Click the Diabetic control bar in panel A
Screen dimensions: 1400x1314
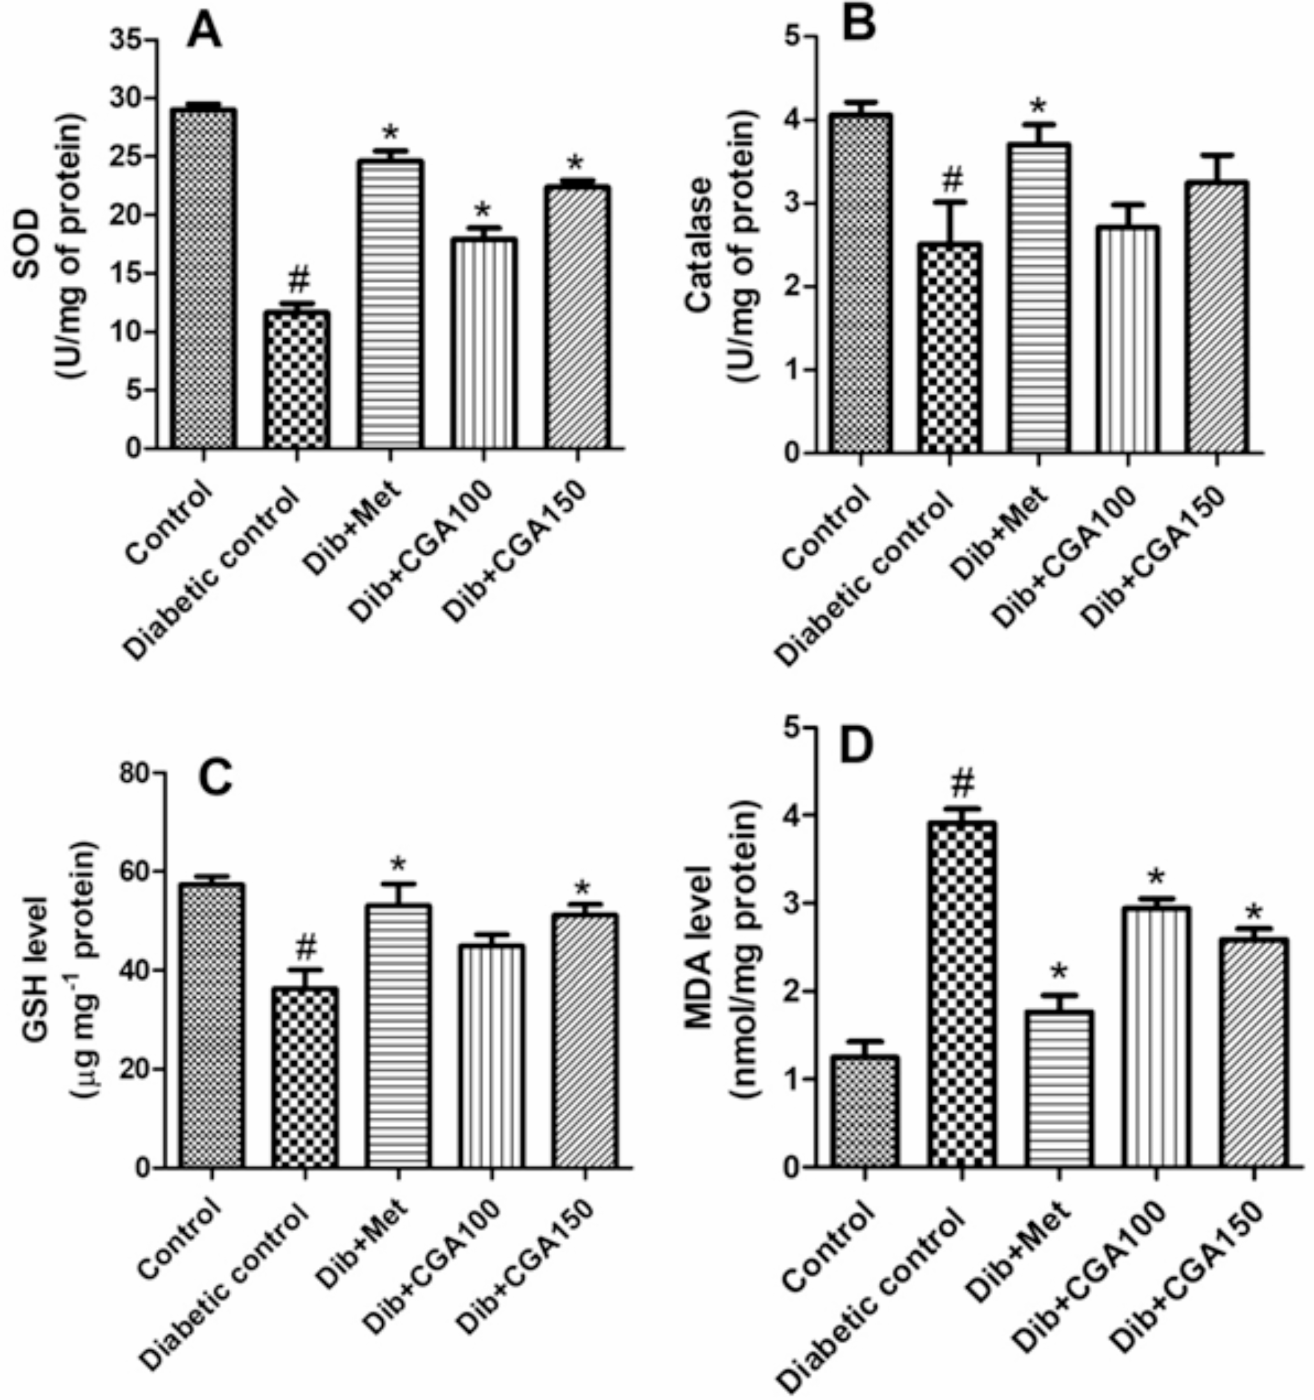coord(298,380)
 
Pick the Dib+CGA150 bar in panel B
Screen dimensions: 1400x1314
coord(1216,317)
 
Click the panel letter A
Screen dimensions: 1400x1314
coord(205,32)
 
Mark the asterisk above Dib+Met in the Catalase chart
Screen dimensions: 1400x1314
coord(1038,107)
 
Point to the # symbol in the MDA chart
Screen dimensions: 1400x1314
coord(962,783)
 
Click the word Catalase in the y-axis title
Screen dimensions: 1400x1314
coord(699,240)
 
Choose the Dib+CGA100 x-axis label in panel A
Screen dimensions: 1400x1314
coord(421,549)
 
